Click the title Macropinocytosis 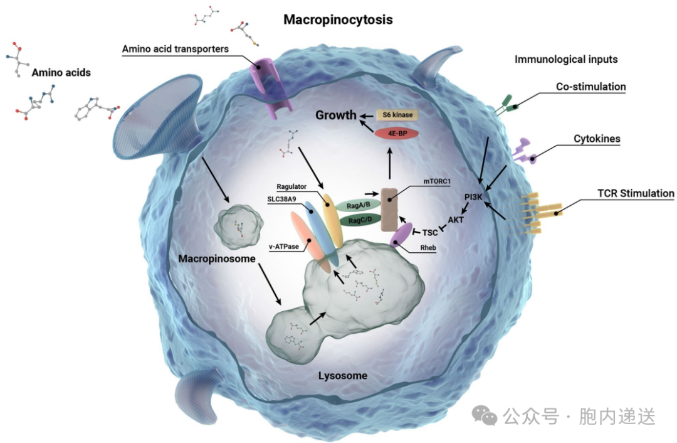pos(338,19)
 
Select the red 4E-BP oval pos(396,134)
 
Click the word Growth pos(335,115)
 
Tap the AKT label pos(456,220)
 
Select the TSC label pos(430,232)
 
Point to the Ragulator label pos(294,186)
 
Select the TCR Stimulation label pos(632,193)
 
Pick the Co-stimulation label pos(590,87)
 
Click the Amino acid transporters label pos(175,49)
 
